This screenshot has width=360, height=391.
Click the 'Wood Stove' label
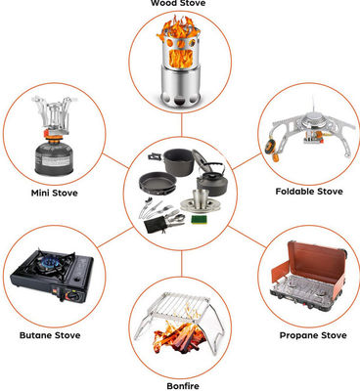[178, 3]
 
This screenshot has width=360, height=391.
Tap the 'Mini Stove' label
[55, 193]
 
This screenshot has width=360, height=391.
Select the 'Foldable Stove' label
[309, 192]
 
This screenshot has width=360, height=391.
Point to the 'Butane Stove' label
[50, 335]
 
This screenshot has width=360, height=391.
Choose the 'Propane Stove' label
[313, 335]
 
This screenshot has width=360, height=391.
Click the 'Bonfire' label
[183, 386]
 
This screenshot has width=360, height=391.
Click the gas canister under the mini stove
[52, 157]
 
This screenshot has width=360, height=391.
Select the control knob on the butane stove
[73, 297]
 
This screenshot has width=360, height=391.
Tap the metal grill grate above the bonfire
[181, 306]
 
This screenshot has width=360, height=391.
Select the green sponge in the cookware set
[198, 220]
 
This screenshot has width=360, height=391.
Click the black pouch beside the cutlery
[155, 225]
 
